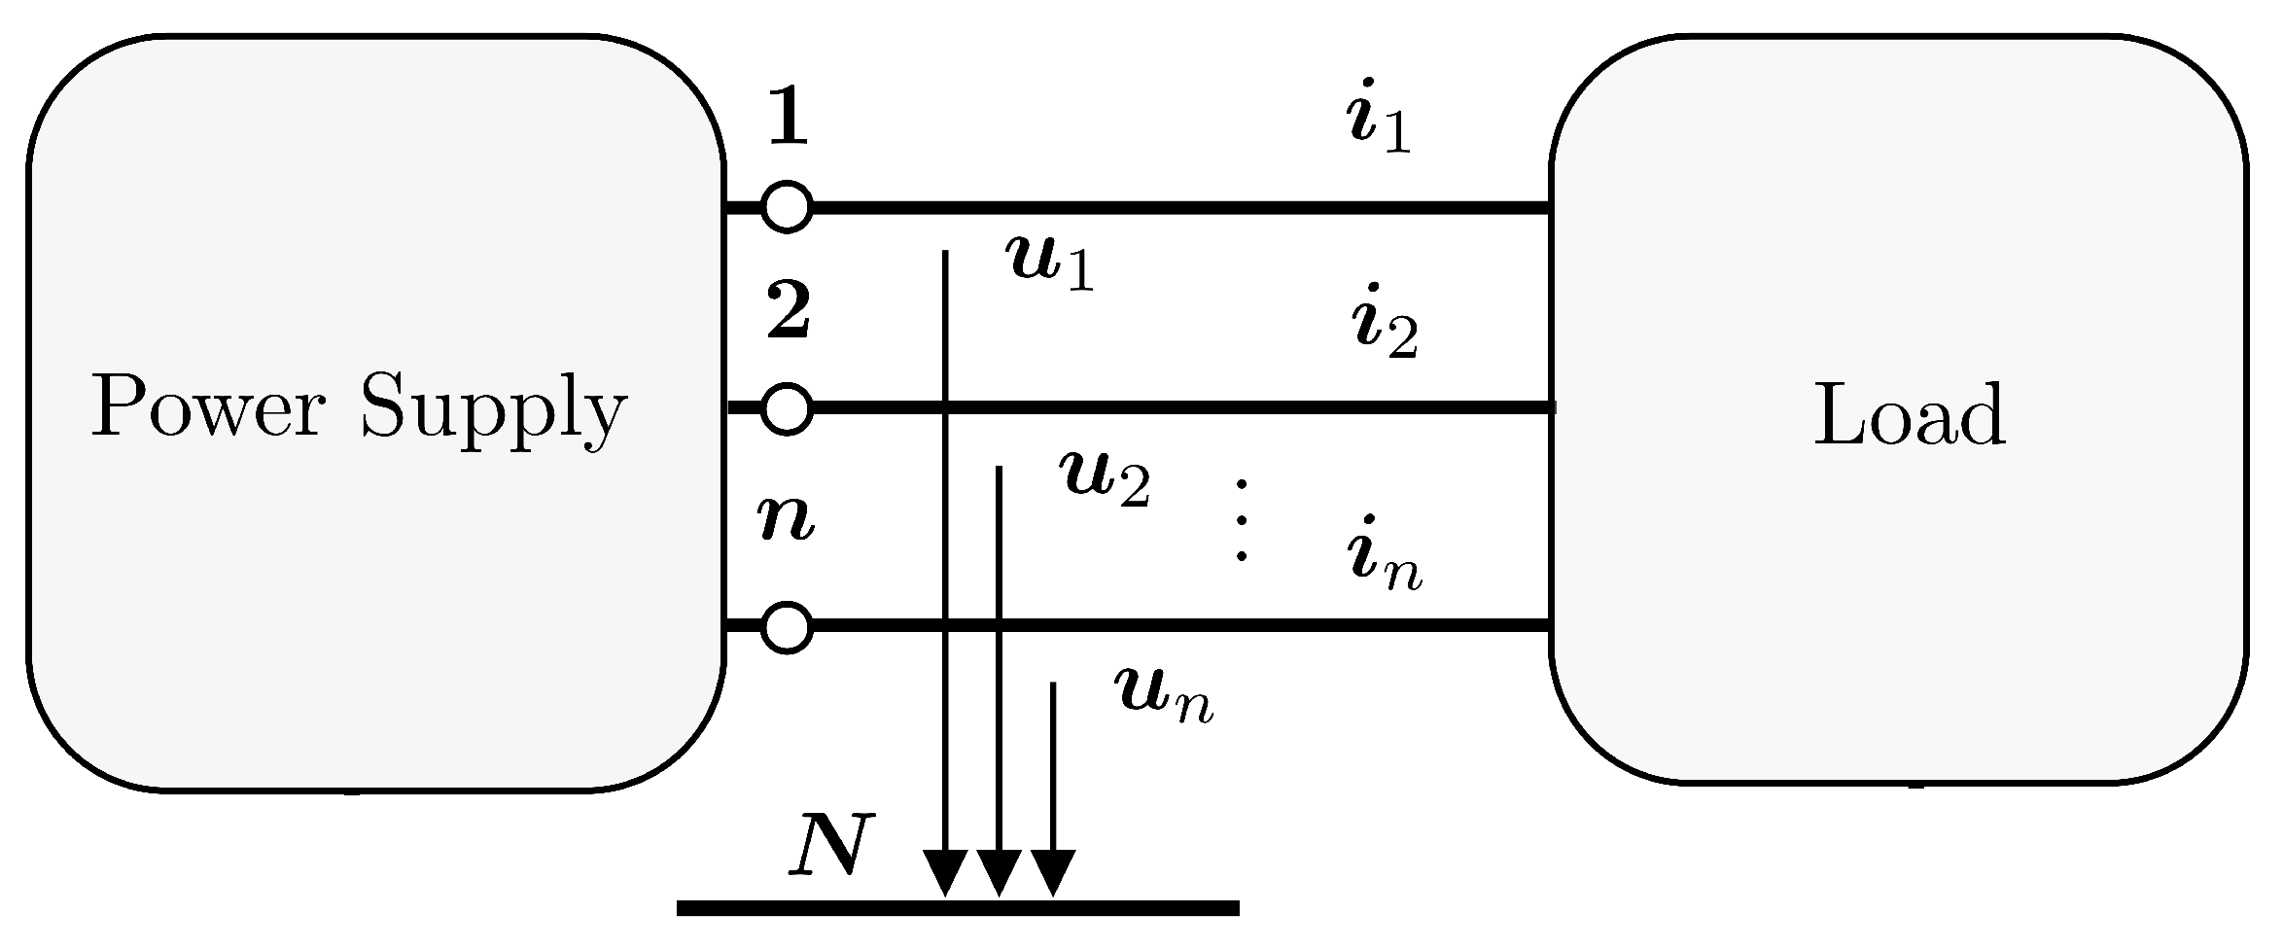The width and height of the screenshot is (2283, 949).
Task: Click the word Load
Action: (x=1909, y=415)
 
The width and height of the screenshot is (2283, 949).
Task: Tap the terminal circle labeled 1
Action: (x=787, y=207)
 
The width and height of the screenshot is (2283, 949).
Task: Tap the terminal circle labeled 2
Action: (x=787, y=408)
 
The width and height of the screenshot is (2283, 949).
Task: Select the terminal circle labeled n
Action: (x=787, y=627)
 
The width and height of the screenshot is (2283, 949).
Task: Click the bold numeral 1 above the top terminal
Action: (x=788, y=119)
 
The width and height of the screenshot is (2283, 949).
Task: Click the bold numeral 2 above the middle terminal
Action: (x=788, y=312)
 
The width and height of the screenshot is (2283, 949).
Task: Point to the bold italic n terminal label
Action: (x=786, y=520)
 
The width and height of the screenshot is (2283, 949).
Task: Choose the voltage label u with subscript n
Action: (x=1163, y=695)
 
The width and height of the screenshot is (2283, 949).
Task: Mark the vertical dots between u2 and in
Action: (x=1241, y=520)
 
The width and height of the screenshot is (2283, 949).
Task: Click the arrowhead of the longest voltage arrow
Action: (x=944, y=871)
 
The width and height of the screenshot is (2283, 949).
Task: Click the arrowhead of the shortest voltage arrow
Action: (x=1052, y=871)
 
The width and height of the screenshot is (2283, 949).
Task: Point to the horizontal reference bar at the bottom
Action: (x=958, y=908)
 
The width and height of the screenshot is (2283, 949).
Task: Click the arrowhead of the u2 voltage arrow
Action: (x=998, y=871)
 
